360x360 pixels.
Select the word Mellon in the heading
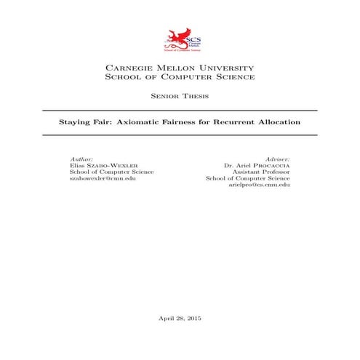click(x=175, y=66)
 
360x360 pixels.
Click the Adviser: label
click(x=277, y=158)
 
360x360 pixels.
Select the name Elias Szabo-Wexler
click(x=97, y=165)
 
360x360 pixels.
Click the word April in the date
click(x=167, y=318)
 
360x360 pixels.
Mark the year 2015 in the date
click(x=195, y=318)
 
